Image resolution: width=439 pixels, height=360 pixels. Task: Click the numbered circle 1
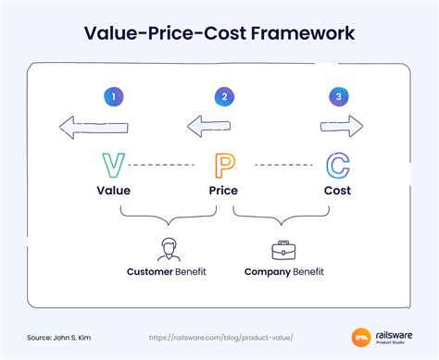click(113, 95)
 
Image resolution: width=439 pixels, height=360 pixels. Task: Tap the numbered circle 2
click(223, 95)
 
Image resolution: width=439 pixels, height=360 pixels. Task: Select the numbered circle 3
click(338, 95)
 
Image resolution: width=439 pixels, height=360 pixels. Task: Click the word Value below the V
click(113, 191)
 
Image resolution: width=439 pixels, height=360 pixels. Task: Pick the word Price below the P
click(223, 191)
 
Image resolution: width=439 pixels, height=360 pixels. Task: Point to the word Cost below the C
click(337, 191)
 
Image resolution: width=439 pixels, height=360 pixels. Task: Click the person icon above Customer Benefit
click(168, 249)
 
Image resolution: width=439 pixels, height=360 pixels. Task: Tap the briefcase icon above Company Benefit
click(281, 249)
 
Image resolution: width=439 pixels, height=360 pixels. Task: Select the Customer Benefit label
click(168, 272)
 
